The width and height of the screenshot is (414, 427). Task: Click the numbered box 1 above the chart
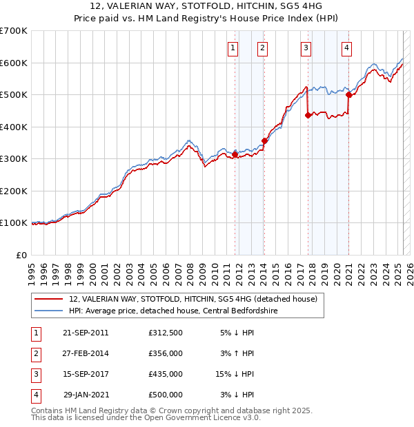pyautogui.click(x=233, y=48)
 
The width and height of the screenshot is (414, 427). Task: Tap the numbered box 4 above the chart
pyautogui.click(x=346, y=48)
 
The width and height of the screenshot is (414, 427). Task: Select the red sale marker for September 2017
pyautogui.click(x=308, y=115)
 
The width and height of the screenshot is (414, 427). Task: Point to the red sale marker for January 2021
pyautogui.click(x=349, y=94)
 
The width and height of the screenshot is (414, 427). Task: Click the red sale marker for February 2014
pyautogui.click(x=264, y=141)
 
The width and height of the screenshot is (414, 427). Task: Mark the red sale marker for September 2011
pyautogui.click(x=235, y=155)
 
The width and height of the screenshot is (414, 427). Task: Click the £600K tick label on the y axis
pyautogui.click(x=14, y=63)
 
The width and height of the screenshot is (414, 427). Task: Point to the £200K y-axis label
pyautogui.click(x=14, y=191)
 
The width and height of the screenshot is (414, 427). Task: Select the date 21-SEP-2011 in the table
pyautogui.click(x=86, y=333)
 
